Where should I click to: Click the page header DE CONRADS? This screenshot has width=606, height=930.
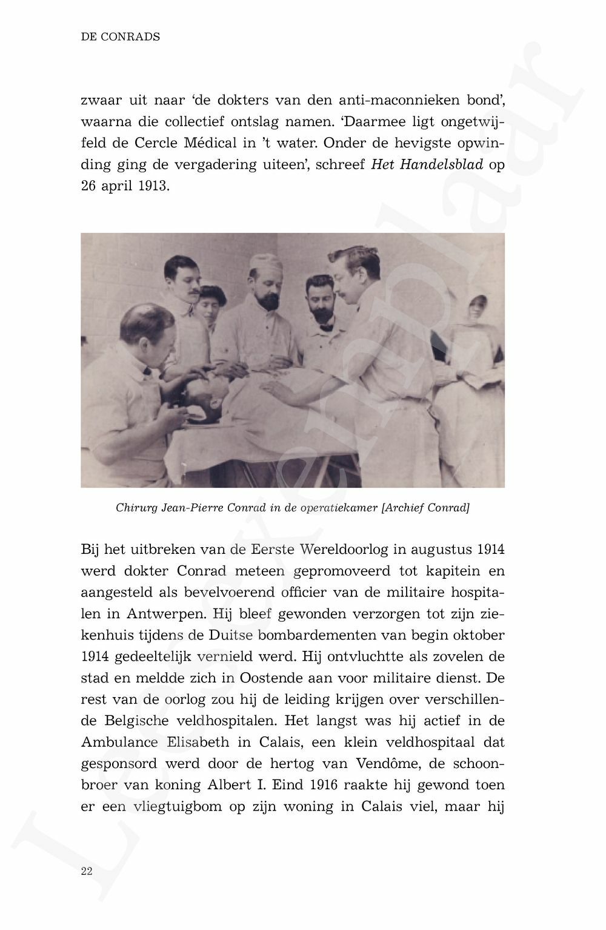120,37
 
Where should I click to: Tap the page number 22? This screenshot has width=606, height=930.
86,871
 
